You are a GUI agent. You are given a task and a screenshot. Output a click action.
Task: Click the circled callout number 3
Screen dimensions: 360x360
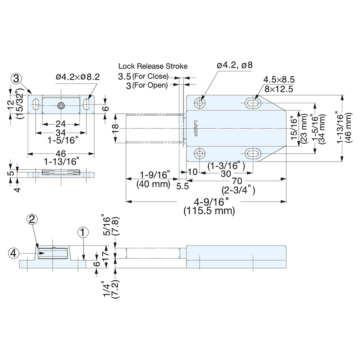click(17, 78)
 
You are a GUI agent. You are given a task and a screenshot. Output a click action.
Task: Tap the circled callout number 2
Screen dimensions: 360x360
click(32, 219)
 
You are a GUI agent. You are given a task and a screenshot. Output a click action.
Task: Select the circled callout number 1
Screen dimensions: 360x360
click(82, 233)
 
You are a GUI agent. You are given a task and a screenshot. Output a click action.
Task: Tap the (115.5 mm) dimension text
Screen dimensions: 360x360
click(209, 211)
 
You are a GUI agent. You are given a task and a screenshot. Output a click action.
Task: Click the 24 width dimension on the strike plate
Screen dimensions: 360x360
click(60, 124)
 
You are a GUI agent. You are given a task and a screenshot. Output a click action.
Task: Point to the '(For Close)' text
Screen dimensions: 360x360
click(150, 76)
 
